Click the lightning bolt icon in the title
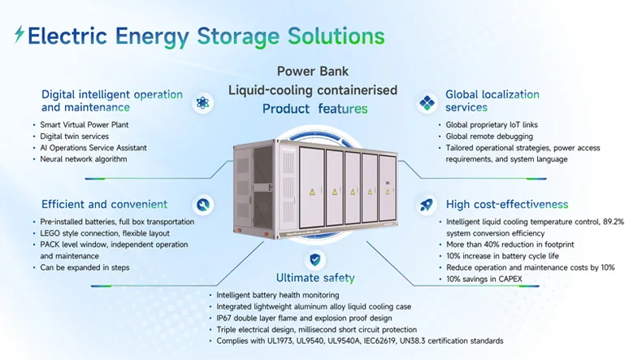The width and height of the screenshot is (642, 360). (20, 35)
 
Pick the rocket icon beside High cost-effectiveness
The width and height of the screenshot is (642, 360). (427, 205)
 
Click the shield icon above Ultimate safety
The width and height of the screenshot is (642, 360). (314, 260)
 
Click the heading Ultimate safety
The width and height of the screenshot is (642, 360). (315, 278)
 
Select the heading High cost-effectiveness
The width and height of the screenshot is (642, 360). (506, 204)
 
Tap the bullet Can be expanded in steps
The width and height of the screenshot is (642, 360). (85, 267)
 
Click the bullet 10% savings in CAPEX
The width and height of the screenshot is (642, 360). (485, 278)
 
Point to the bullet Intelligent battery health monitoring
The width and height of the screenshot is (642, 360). (278, 294)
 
